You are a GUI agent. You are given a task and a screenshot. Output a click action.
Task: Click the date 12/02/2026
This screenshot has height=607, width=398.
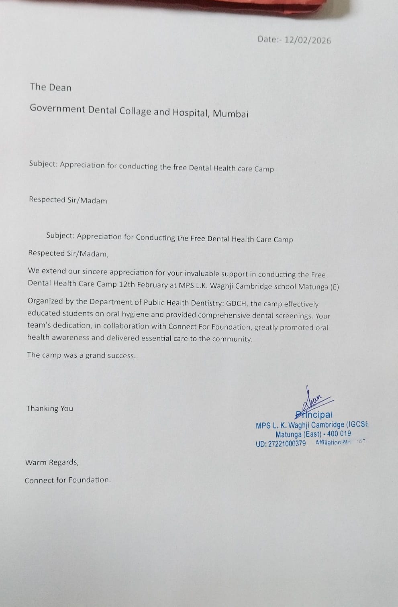click(x=308, y=40)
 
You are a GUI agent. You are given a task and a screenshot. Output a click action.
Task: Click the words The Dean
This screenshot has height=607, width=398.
click(x=51, y=88)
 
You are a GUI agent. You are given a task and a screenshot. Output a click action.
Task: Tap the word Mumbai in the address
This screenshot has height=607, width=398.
click(x=231, y=114)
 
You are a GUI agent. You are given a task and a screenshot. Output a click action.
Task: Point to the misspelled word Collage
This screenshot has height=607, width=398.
click(x=135, y=111)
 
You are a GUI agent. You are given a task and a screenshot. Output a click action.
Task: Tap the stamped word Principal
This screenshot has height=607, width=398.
click(x=314, y=415)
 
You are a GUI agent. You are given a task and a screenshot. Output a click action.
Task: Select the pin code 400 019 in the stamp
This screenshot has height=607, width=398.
click(x=339, y=434)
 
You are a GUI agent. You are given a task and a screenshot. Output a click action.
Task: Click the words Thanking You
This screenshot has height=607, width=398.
click(x=50, y=409)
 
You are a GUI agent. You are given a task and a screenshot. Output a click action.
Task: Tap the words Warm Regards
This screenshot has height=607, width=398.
click(x=52, y=462)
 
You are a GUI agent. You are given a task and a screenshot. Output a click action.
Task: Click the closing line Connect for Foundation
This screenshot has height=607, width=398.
click(x=67, y=480)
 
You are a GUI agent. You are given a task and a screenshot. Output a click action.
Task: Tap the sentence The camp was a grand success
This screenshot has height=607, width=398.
click(x=81, y=355)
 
